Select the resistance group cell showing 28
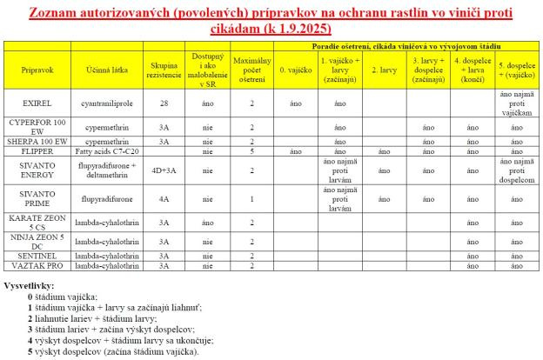[x=163, y=103]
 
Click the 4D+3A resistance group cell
[x=163, y=165]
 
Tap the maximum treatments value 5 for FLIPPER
[x=251, y=150]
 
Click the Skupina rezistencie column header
[x=163, y=67]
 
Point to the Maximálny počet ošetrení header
[x=251, y=67]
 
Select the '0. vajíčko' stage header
[x=294, y=67]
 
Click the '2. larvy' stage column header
[x=379, y=67]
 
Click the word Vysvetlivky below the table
[x=30, y=286]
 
